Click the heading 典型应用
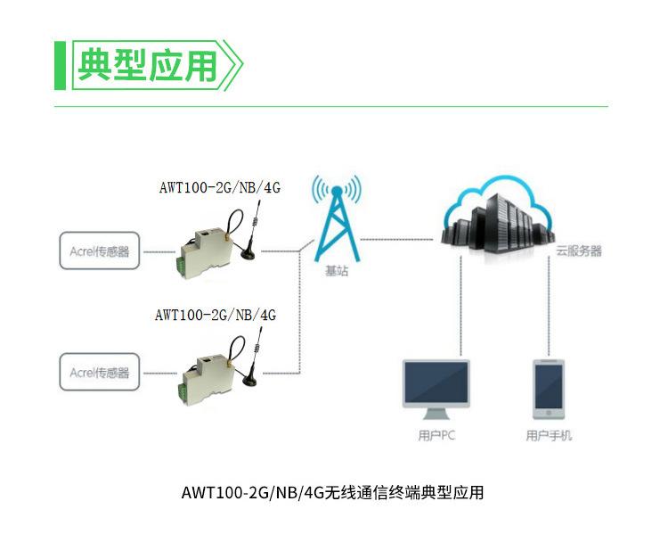coord(147,65)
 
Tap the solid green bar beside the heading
coord(60,65)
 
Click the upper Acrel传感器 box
coord(100,251)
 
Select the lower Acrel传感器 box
coord(100,372)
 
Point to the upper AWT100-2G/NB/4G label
coord(219,187)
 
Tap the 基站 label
coord(336,272)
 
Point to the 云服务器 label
coord(579,251)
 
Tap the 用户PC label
coord(436,437)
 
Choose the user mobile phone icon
coord(548,390)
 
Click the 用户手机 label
coord(549,437)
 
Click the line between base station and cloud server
coord(401,237)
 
